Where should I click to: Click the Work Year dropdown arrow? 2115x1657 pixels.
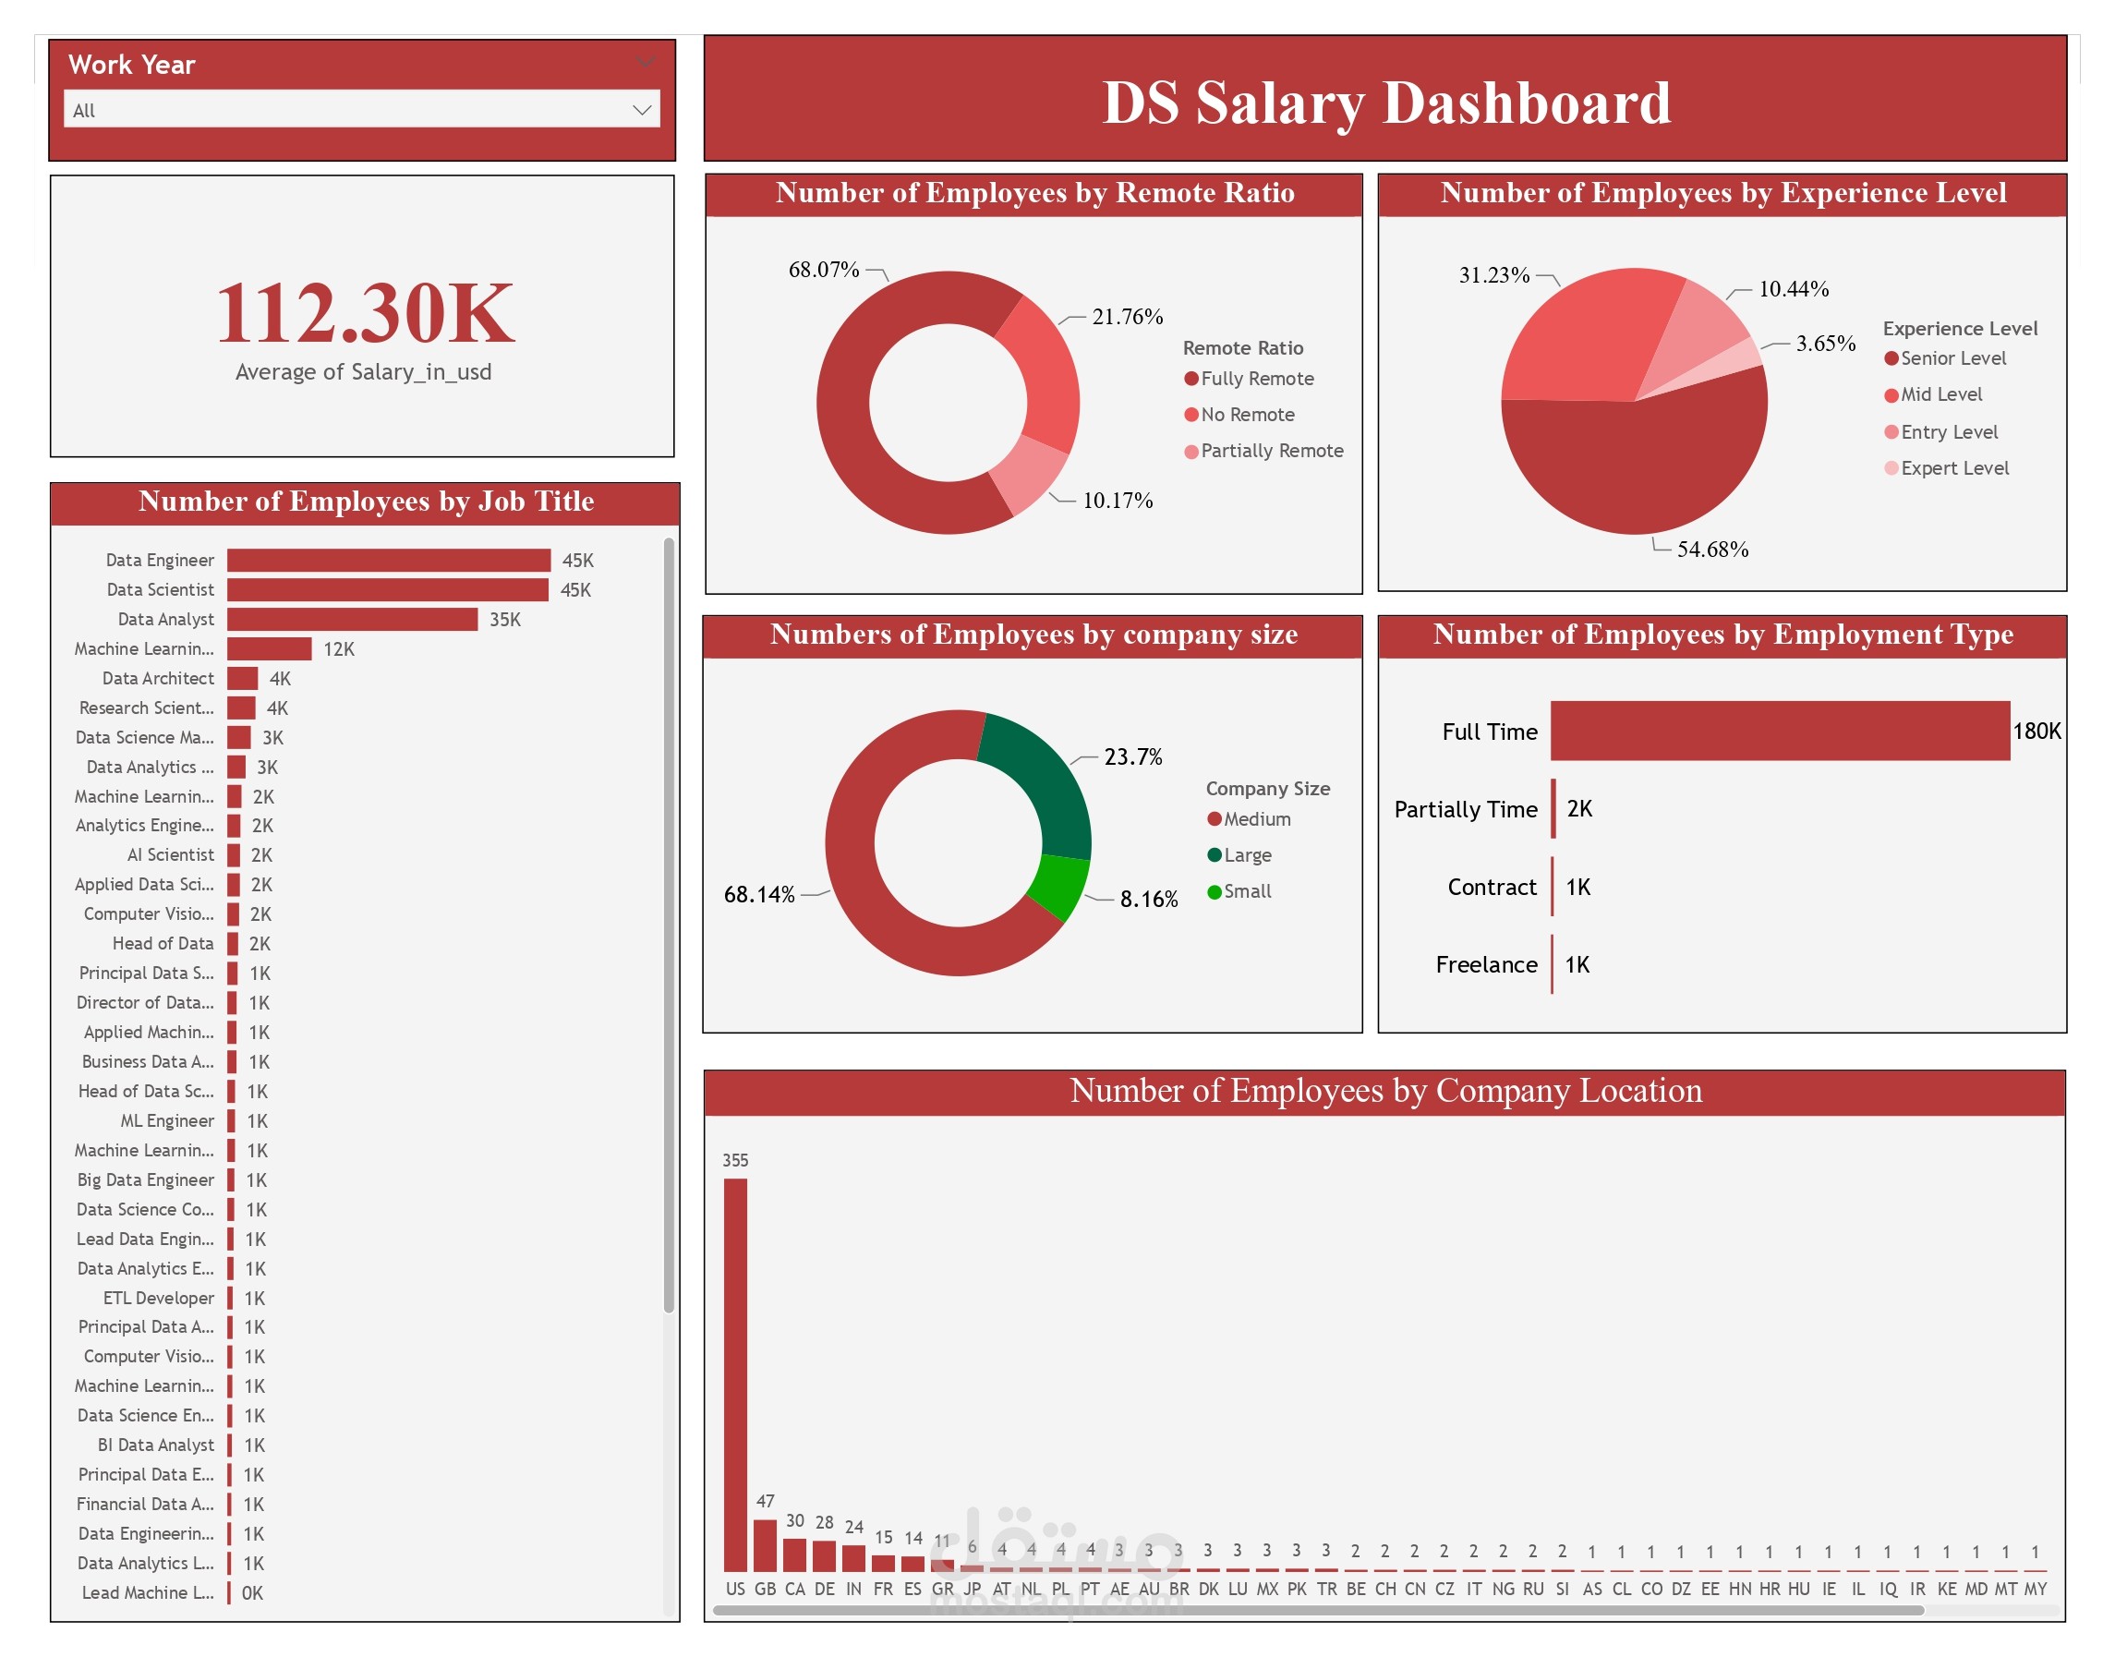click(x=640, y=110)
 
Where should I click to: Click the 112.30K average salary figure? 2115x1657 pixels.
click(x=364, y=312)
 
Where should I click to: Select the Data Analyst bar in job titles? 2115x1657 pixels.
click(x=351, y=619)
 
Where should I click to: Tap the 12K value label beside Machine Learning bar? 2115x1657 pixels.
click(x=339, y=649)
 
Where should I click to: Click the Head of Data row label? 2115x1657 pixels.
click(x=162, y=943)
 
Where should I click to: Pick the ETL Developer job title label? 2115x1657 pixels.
click(x=158, y=1298)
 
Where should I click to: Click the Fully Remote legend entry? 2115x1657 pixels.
click(x=1255, y=379)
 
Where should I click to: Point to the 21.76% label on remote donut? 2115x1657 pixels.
click(x=1127, y=316)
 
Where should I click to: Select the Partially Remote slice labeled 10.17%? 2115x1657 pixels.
click(x=1030, y=476)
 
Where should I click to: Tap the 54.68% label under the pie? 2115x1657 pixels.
click(x=1711, y=549)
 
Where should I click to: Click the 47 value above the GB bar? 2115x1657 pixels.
click(x=765, y=1501)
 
